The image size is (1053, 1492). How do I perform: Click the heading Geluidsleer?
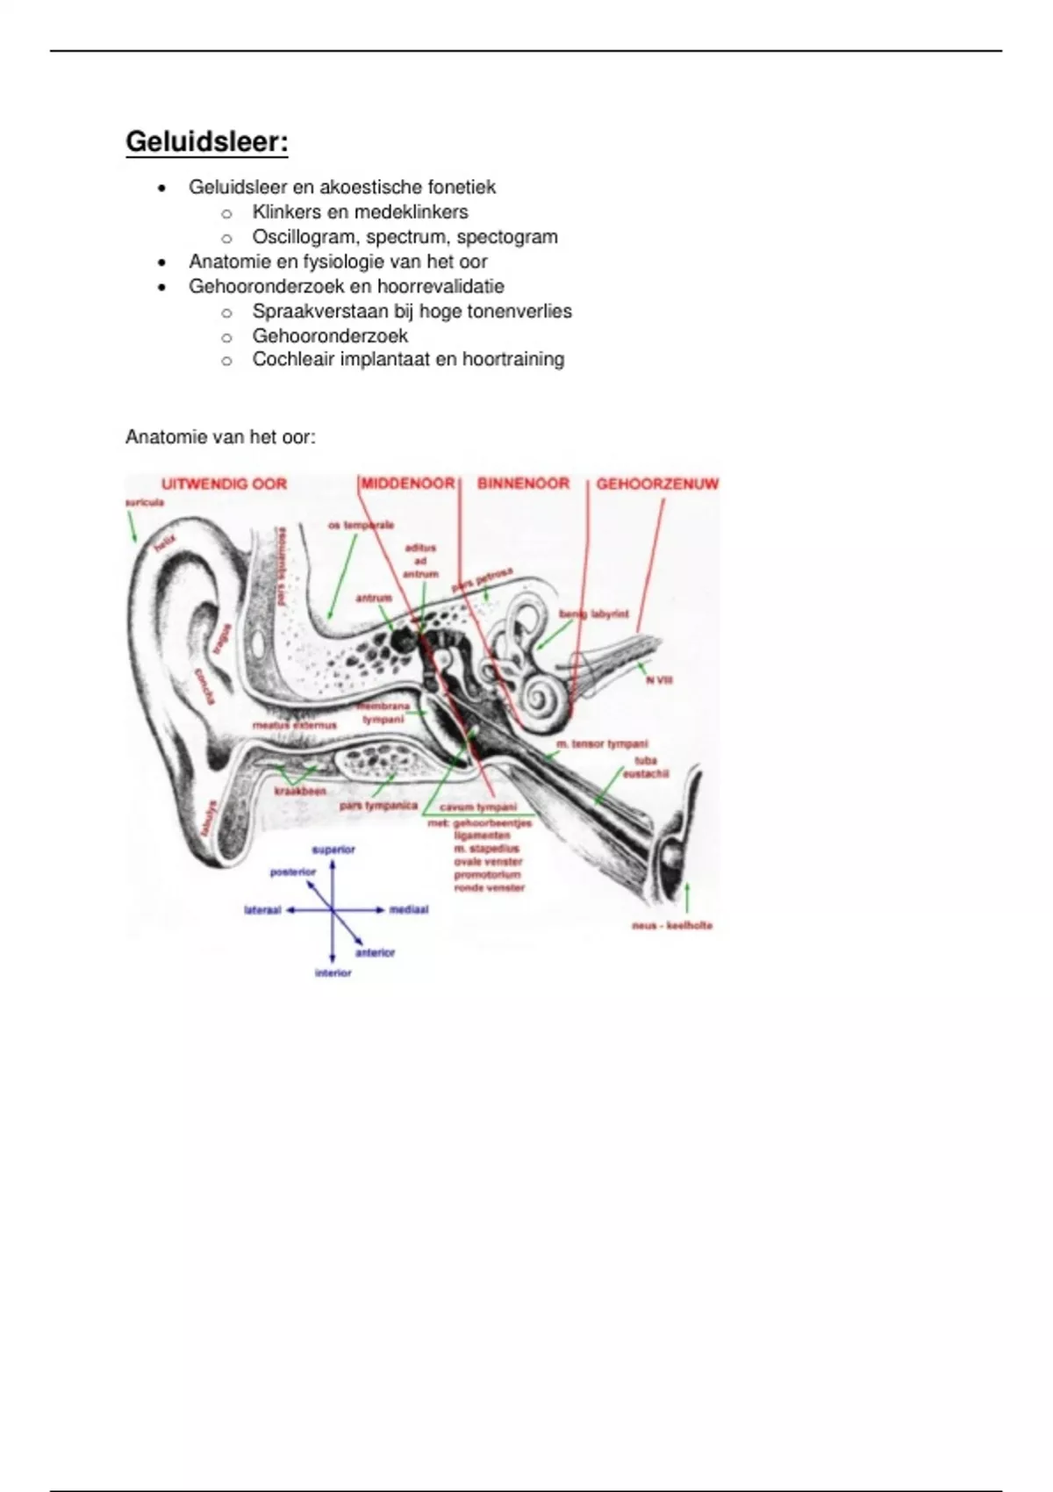pos(207,142)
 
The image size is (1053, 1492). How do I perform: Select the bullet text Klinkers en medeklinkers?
pos(360,212)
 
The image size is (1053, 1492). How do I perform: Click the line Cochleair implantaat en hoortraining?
pos(408,359)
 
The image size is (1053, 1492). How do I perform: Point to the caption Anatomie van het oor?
pos(220,436)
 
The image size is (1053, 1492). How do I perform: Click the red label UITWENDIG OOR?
pos(224,484)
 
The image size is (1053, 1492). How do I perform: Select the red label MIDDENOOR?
pos(408,484)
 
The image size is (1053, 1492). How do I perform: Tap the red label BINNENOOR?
pos(523,484)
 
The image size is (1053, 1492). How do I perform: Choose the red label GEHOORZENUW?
pos(657,484)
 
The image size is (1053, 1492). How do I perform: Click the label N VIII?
pos(659,679)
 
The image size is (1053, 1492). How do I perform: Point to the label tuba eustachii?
pos(646,767)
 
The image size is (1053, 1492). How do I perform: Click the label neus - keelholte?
pos(672,925)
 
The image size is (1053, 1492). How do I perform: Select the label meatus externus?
pos(294,725)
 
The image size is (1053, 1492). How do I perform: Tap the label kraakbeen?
pos(300,791)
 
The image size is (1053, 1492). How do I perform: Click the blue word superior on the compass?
pos(333,850)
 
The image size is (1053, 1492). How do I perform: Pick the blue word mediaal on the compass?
pos(409,910)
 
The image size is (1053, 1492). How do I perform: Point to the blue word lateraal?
pos(262,911)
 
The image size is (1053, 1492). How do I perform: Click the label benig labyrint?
pos(594,614)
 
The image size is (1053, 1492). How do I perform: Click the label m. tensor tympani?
pos(602,744)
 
